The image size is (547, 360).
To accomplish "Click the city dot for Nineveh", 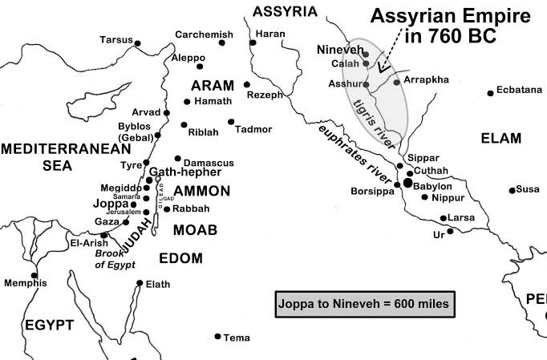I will [x=365, y=55].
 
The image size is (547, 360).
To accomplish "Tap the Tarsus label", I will [x=115, y=39].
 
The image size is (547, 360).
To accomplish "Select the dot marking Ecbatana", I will [x=490, y=91].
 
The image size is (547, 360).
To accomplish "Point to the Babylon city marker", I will [x=407, y=184].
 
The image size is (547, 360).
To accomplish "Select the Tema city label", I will [x=235, y=338].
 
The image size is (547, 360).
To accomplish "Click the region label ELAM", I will [x=500, y=139].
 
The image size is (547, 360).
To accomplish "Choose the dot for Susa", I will [x=512, y=190].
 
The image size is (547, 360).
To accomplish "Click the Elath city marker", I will [x=140, y=283].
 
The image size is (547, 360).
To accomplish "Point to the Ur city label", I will [x=438, y=235].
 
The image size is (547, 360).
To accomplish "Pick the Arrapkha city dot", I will [x=397, y=82].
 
